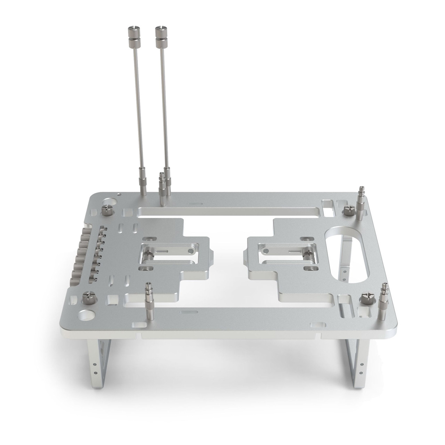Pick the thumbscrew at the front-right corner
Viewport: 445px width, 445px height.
tap(367, 299)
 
